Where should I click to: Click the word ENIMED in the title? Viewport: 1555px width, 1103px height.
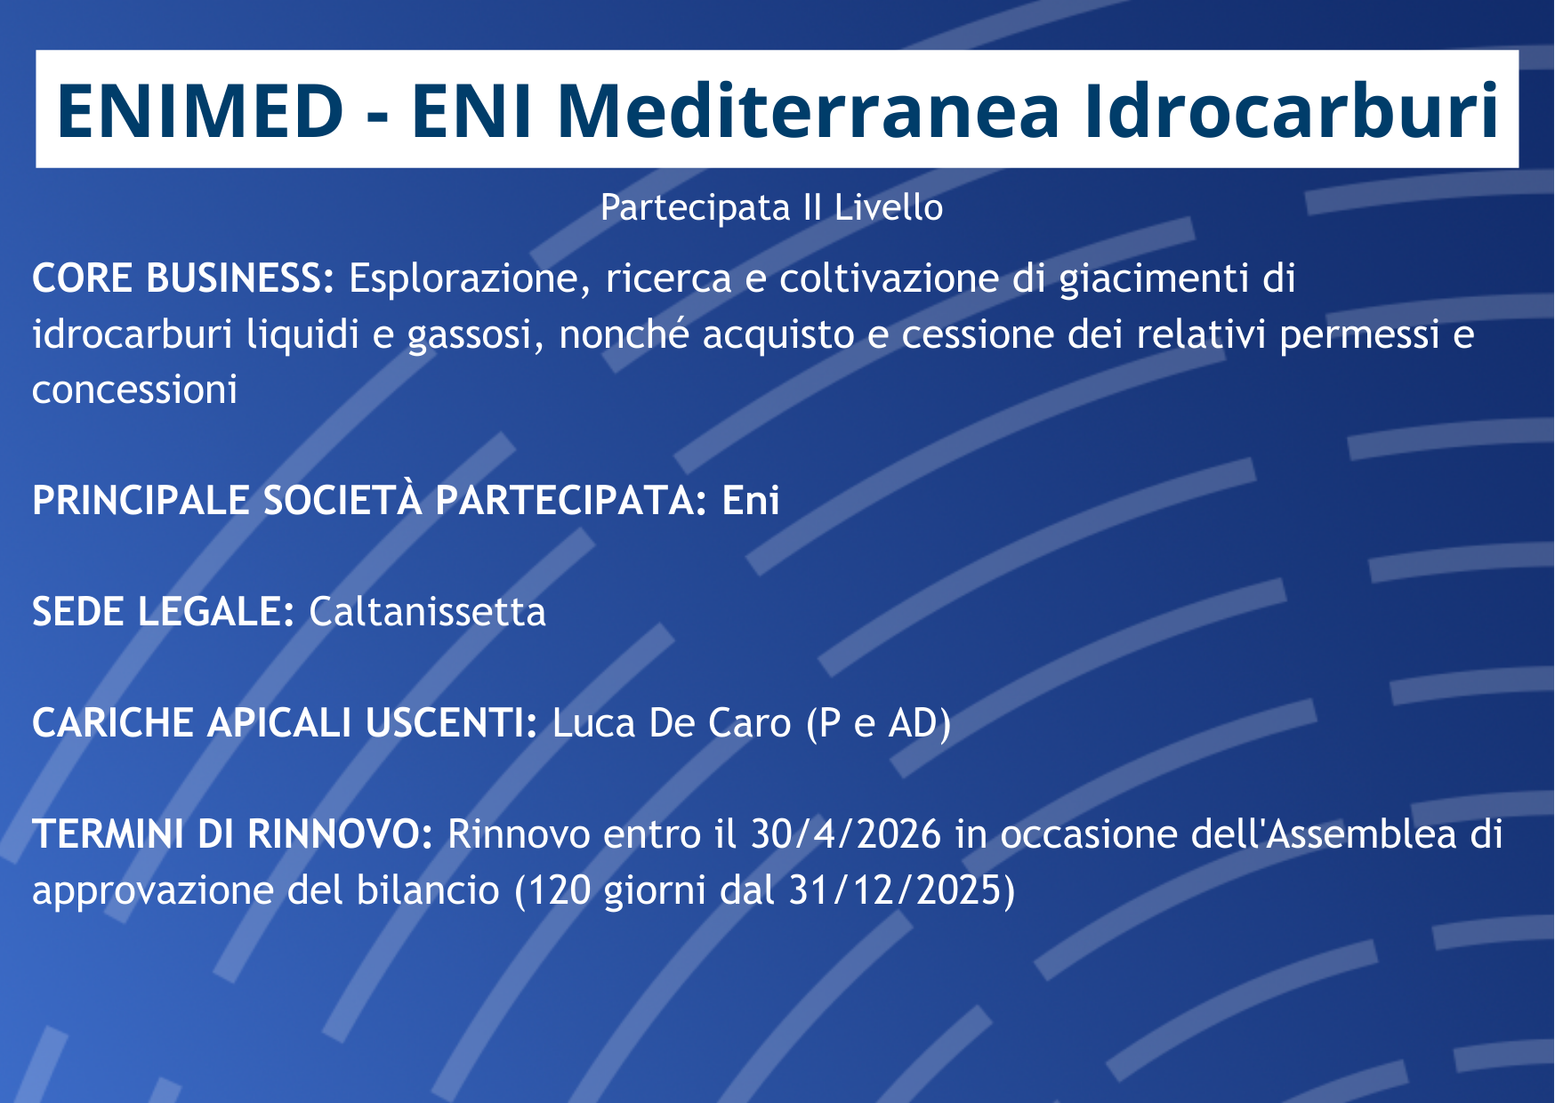[x=200, y=110]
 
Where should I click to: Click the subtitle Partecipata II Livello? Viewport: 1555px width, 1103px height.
[x=771, y=207]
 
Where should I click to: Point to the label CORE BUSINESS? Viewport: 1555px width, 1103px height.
[x=183, y=278]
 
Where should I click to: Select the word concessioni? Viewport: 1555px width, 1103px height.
[x=134, y=390]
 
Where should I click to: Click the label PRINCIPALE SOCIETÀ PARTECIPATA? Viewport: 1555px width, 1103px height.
[x=370, y=499]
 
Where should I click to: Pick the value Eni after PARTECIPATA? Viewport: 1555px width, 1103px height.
[x=751, y=501]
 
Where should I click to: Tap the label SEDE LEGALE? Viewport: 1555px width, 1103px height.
[x=163, y=612]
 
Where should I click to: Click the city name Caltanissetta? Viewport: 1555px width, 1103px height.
[x=427, y=612]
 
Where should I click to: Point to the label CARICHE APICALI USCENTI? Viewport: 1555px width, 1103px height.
[x=285, y=723]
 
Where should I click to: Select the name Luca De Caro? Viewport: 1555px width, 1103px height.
[x=672, y=723]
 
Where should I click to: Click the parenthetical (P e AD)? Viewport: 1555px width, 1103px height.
[x=879, y=724]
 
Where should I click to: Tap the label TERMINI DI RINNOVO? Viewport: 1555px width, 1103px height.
[x=232, y=834]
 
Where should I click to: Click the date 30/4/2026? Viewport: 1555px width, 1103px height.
[x=846, y=835]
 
